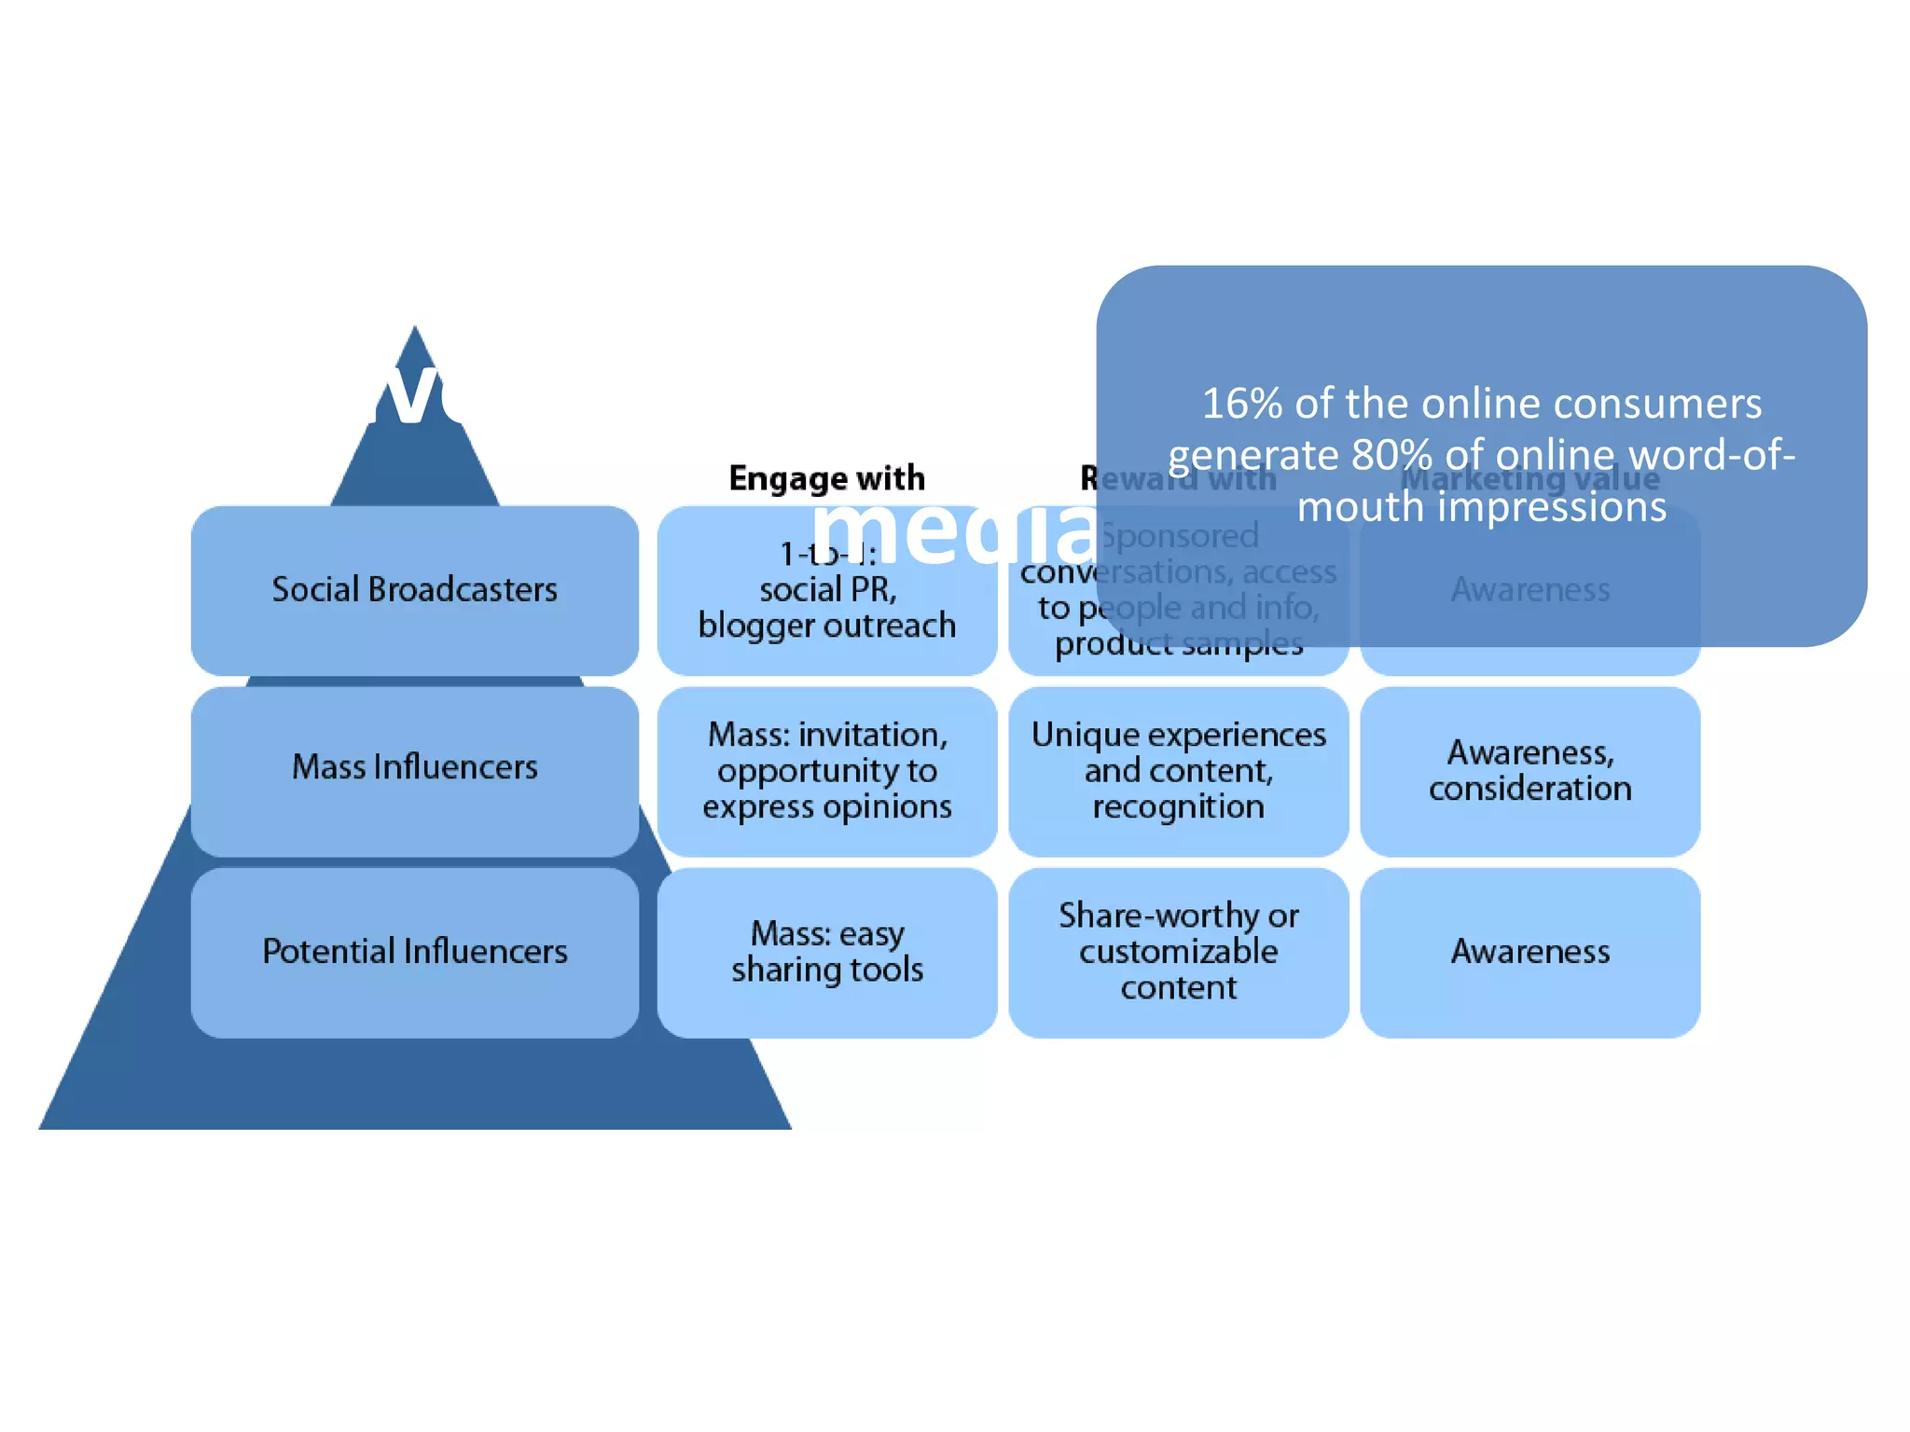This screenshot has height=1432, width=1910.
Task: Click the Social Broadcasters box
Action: (414, 590)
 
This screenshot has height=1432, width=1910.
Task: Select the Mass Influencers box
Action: (414, 769)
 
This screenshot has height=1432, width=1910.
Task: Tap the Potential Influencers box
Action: (414, 952)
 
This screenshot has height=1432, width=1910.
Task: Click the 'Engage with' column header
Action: (826, 478)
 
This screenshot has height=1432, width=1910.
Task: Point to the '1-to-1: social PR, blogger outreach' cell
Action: (826, 606)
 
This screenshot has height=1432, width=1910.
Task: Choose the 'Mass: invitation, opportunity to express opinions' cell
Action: (826, 771)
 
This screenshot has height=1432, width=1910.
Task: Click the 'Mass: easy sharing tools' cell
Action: (826, 952)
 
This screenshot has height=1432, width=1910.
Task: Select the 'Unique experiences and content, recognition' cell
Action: (1178, 771)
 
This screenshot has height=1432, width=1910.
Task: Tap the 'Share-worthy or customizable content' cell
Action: (1178, 952)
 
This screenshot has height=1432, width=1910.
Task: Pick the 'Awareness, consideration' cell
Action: (1529, 771)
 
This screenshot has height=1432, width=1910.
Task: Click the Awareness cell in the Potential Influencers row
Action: (1529, 952)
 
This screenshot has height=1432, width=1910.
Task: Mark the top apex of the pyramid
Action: (415, 328)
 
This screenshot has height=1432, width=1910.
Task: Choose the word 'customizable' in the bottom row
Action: (1178, 952)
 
